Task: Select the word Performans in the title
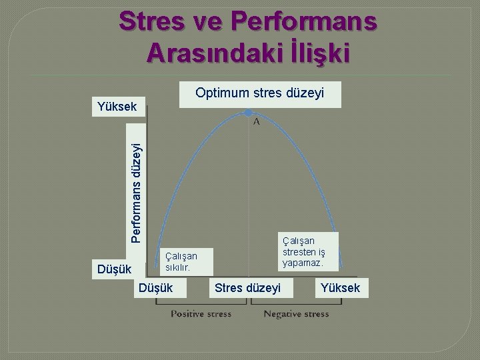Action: coord(304,21)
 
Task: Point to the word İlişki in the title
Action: coord(315,53)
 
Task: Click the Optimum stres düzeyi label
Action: coord(260,93)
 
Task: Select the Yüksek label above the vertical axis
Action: coord(117,106)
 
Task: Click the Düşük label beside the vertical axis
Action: coord(115,269)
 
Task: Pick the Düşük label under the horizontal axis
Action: coord(155,288)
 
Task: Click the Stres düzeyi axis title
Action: coord(248,288)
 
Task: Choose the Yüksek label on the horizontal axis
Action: coord(340,288)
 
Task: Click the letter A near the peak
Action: coord(256,122)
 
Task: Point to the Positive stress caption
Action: coord(201,313)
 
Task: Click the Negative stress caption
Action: coord(296,313)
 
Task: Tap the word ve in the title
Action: coord(207,21)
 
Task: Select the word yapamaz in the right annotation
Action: coord(303,263)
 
